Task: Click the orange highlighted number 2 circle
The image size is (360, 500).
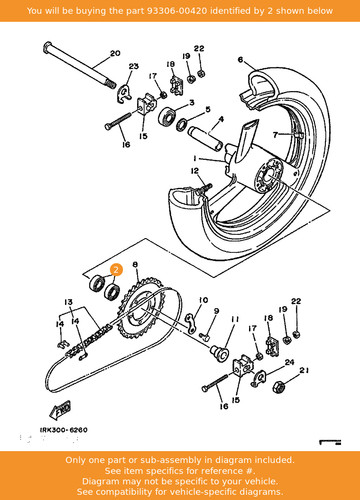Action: click(116, 270)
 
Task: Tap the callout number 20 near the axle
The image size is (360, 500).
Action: click(115, 53)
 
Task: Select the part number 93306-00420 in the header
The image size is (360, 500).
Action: click(177, 11)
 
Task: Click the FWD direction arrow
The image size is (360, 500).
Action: click(60, 410)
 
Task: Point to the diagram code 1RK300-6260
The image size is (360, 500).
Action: click(64, 430)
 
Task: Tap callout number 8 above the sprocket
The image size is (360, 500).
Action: click(135, 265)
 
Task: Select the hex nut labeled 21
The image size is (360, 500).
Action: click(278, 387)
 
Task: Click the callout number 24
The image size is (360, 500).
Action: click(289, 362)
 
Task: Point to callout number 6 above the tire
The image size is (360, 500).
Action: click(241, 60)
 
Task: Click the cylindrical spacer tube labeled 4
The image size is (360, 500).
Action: click(205, 138)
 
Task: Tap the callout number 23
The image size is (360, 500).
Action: click(134, 66)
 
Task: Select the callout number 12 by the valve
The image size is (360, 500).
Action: click(195, 171)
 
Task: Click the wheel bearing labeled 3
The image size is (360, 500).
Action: click(167, 115)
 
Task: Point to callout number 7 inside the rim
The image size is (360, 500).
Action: click(275, 135)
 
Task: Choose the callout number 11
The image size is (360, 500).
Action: click(235, 319)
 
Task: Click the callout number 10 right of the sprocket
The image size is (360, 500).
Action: click(203, 300)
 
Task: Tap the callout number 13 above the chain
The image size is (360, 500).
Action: click(68, 302)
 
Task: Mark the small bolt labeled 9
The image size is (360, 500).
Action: click(204, 336)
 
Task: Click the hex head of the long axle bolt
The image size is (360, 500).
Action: click(47, 47)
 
